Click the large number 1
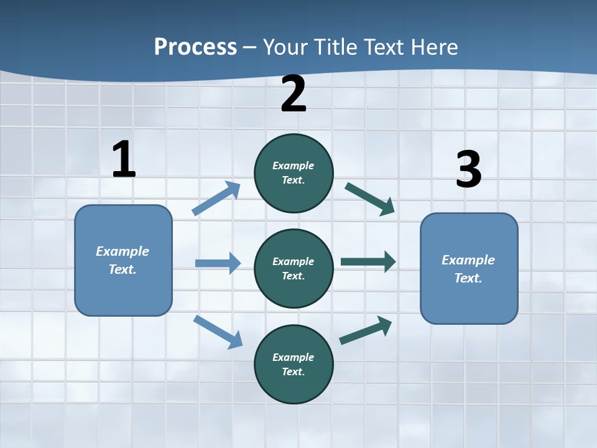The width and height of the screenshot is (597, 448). (124, 159)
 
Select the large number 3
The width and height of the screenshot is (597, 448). (468, 169)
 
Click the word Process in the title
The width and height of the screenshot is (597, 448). (195, 47)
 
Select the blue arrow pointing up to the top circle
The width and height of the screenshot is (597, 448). (216, 198)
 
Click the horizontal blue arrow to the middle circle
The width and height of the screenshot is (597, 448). (218, 263)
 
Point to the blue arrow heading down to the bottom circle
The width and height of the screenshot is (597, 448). (218, 332)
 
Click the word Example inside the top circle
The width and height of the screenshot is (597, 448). (294, 166)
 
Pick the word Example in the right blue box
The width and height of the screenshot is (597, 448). (468, 260)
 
